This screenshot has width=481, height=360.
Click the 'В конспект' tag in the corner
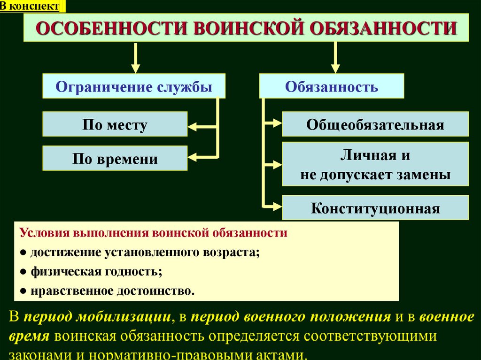(x=32, y=6)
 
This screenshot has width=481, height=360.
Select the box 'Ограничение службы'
(x=134, y=86)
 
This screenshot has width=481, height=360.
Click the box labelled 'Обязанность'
(x=332, y=86)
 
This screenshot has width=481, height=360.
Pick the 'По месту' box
(x=115, y=124)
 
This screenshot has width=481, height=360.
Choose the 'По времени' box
(x=115, y=159)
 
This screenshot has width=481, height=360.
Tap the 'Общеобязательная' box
(x=375, y=124)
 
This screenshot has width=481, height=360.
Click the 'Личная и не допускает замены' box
(x=375, y=164)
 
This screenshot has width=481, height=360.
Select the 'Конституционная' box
(x=375, y=208)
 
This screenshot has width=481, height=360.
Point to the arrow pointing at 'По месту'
(x=200, y=126)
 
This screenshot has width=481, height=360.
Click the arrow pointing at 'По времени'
(x=200, y=156)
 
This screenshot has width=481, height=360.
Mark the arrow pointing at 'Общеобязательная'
(x=272, y=123)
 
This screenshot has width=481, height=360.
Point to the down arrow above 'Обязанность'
(x=335, y=58)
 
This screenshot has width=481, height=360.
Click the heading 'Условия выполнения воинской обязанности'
(x=153, y=233)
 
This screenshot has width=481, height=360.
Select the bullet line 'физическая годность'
(x=96, y=271)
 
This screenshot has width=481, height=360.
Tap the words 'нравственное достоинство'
(x=112, y=291)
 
